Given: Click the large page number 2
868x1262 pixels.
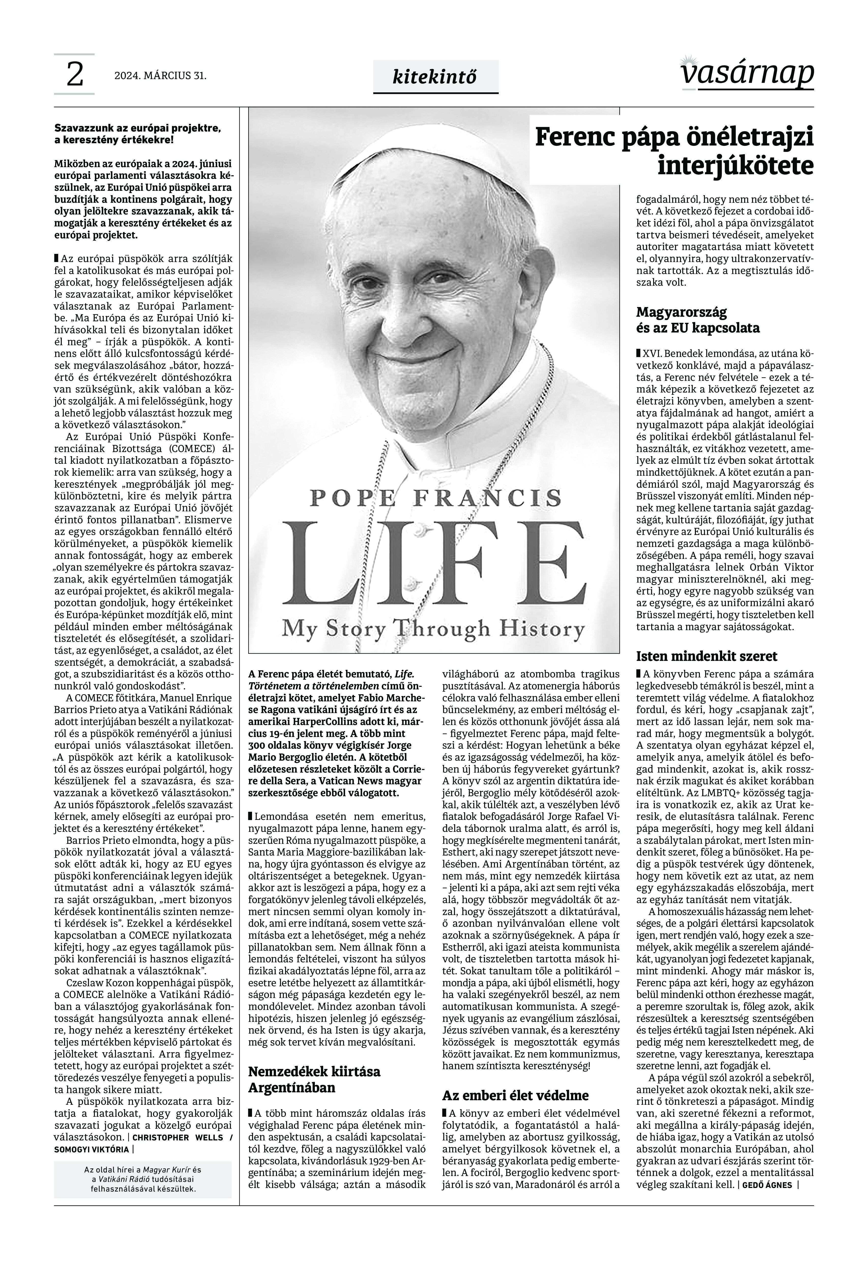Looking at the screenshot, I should click(x=75, y=75).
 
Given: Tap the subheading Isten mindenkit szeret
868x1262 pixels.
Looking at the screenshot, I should click(x=707, y=656).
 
